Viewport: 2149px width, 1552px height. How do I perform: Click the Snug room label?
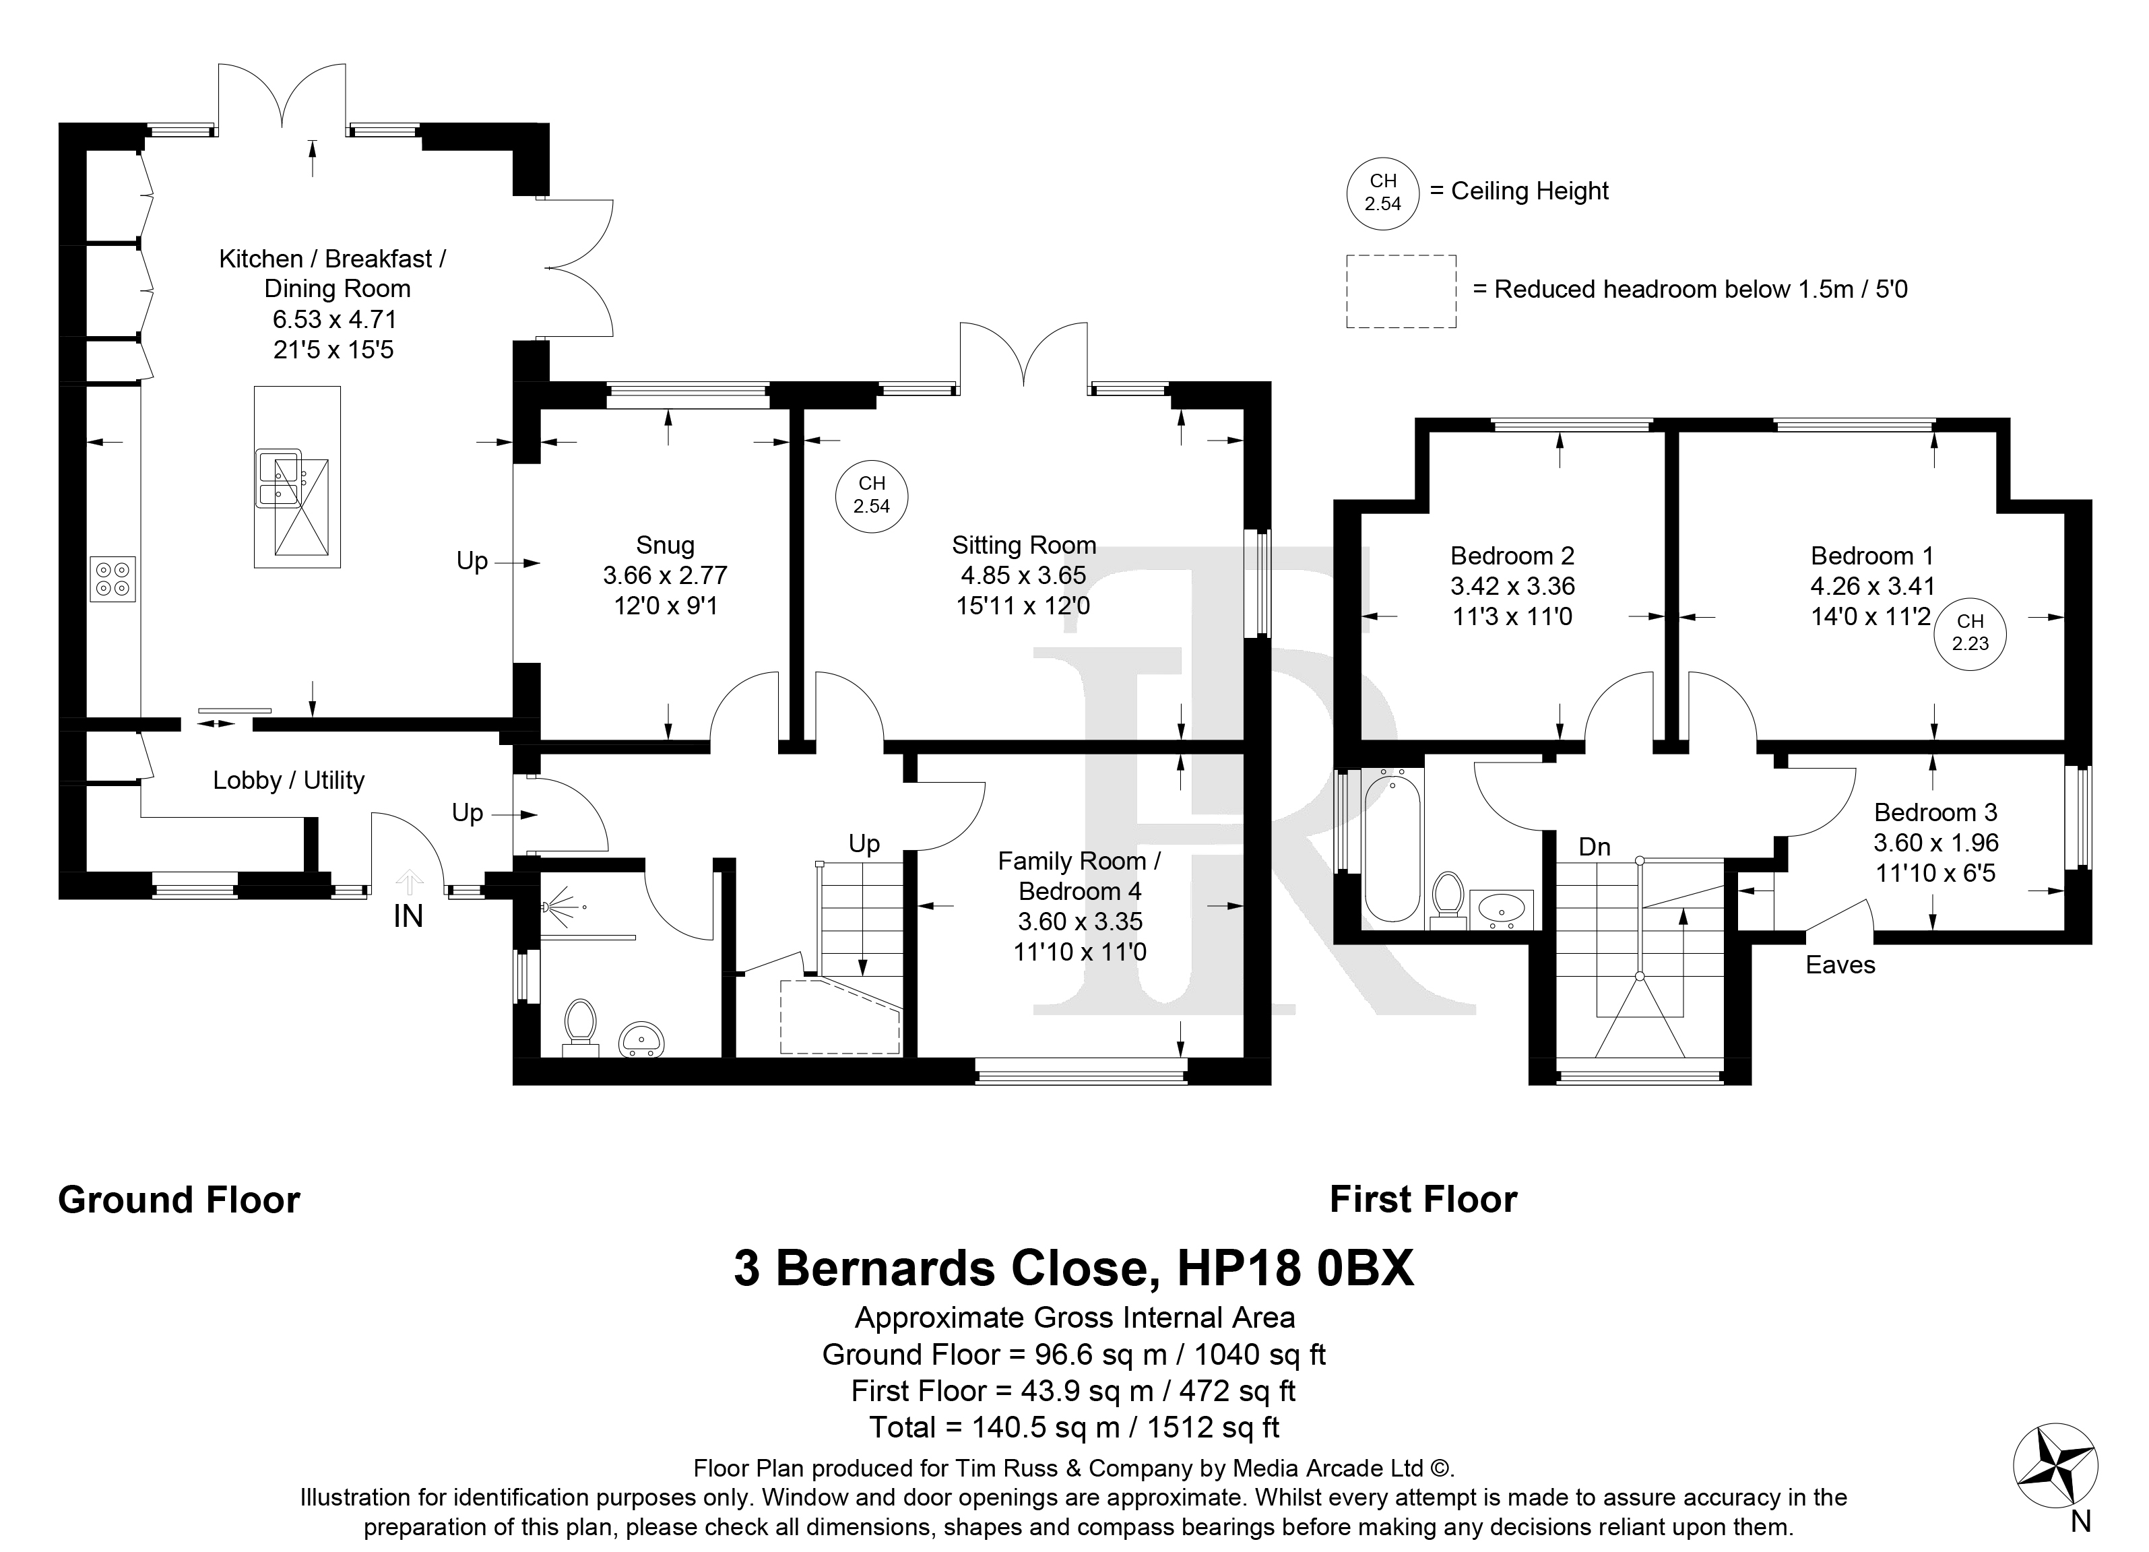tap(664, 545)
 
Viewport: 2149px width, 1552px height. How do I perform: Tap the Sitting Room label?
tap(1023, 545)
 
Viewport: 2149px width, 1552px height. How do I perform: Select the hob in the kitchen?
tap(113, 578)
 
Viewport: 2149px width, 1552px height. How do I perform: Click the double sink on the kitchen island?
tap(280, 478)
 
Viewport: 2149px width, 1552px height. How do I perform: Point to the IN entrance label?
tap(408, 916)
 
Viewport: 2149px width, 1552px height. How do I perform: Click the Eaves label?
tap(1840, 965)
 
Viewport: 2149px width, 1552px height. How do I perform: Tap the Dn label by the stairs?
tap(1595, 847)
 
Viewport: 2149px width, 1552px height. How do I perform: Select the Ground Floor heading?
tap(179, 1200)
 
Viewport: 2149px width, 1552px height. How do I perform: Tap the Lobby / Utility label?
tap(288, 780)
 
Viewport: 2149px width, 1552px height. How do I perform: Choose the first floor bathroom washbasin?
tap(1501, 909)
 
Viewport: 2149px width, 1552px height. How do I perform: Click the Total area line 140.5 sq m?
tap(1074, 1426)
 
